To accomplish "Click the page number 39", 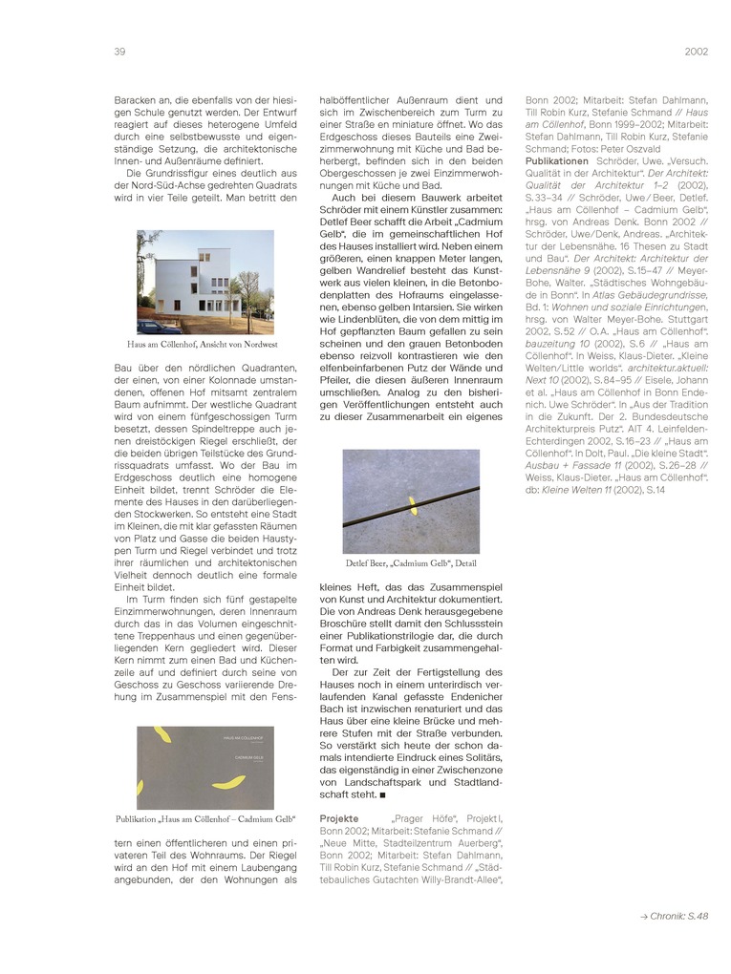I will pos(120,52).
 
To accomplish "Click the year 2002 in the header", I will pos(696,52).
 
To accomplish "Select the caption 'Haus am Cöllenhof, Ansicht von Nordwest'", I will pos(203,344).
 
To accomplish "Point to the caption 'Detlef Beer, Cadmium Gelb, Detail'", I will pos(411,563).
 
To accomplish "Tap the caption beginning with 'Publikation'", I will pos(204,819).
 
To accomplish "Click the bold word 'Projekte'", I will pos(339,818).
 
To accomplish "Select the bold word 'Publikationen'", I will pos(557,161).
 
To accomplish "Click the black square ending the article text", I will pos(382,794).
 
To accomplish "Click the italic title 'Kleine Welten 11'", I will pos(577,490).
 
